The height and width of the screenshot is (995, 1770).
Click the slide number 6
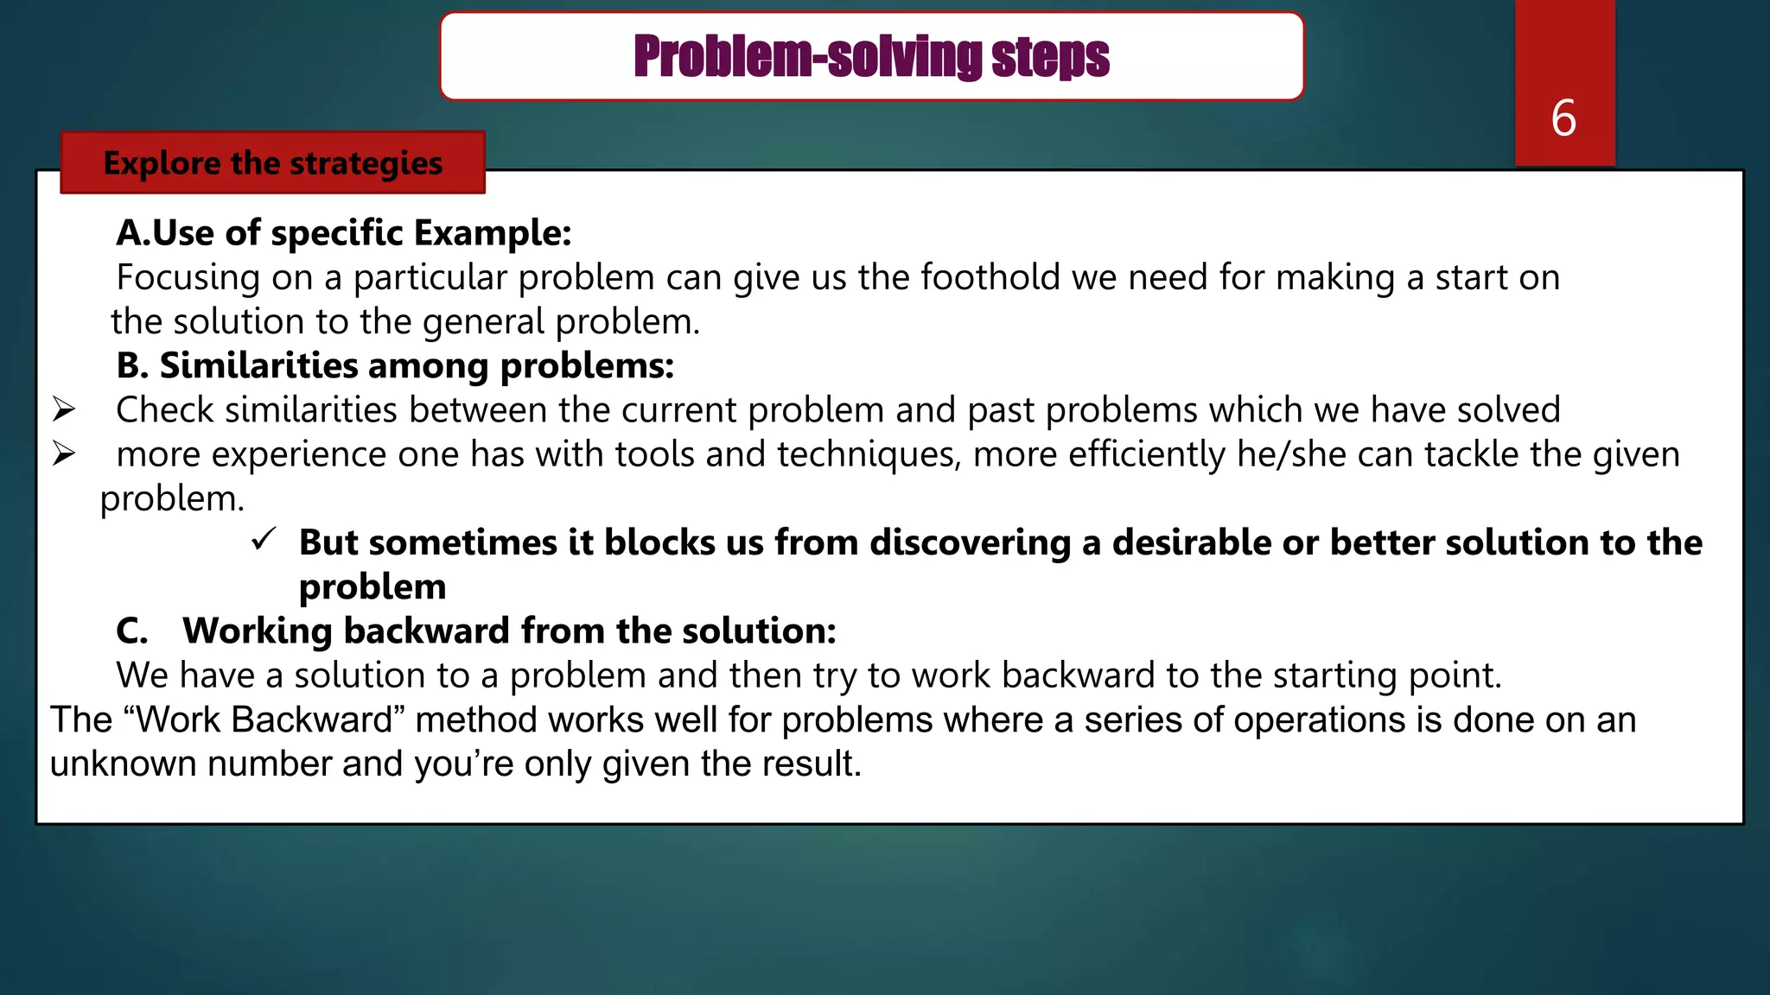click(1563, 118)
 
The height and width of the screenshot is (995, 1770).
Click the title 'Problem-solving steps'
click(871, 57)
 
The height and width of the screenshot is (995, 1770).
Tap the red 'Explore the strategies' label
click(273, 163)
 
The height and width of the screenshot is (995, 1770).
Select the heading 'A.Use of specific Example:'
click(344, 233)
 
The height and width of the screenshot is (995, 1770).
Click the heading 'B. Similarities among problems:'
click(395, 366)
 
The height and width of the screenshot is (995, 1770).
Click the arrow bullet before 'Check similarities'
click(64, 409)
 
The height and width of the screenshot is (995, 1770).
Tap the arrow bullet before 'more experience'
click(64, 453)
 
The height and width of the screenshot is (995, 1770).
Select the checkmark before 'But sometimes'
click(264, 540)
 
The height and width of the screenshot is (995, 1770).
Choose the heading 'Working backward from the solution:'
click(509, 631)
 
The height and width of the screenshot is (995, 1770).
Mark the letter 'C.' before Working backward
click(132, 631)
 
